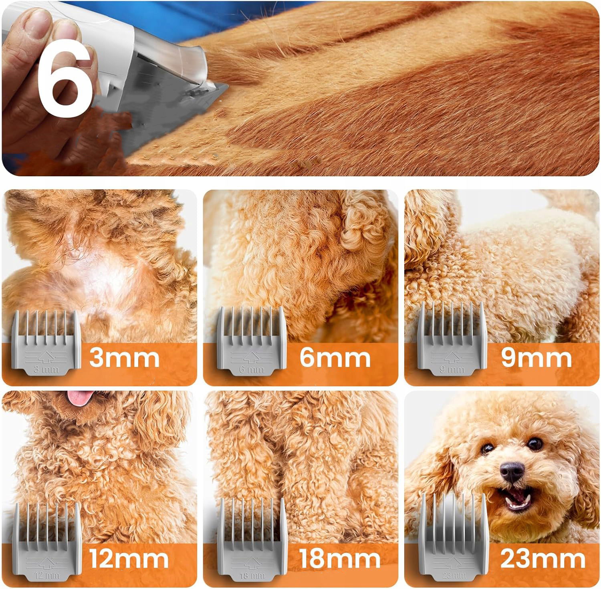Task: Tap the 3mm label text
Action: click(124, 357)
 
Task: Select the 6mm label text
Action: click(335, 357)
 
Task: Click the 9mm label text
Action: click(536, 357)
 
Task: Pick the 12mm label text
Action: click(129, 558)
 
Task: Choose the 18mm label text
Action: click(340, 558)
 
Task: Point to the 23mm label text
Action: click(543, 558)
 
